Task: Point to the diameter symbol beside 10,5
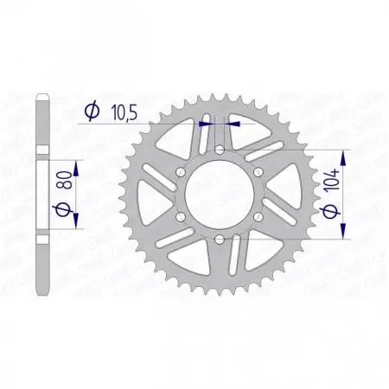pos(89,111)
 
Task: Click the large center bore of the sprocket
pos(219,194)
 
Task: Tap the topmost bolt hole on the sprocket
pos(219,150)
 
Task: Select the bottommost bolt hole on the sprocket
pos(219,238)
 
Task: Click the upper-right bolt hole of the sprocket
pos(257,172)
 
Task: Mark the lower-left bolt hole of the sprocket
pos(181,216)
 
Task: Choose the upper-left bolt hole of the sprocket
pos(181,172)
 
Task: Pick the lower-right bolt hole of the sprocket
pos(257,216)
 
